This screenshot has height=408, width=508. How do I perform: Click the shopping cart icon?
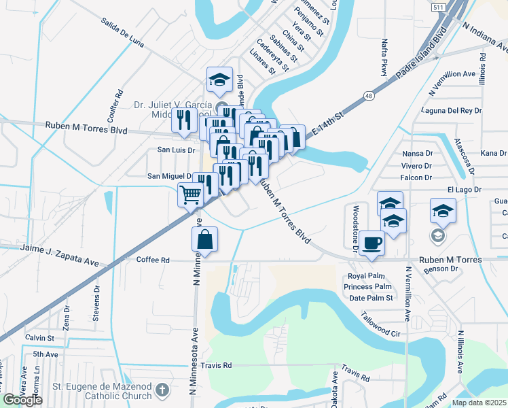coord(191,195)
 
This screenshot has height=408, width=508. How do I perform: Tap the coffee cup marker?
coord(371,243)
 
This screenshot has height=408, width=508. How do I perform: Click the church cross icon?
coord(162,390)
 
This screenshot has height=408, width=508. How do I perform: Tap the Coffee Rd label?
coord(156,260)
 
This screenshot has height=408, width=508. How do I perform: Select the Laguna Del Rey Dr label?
coord(450,110)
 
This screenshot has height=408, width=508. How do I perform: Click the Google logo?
coord(22,400)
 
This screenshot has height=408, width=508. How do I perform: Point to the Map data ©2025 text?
coord(478,403)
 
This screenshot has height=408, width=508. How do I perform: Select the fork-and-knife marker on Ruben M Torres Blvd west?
coord(184,120)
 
